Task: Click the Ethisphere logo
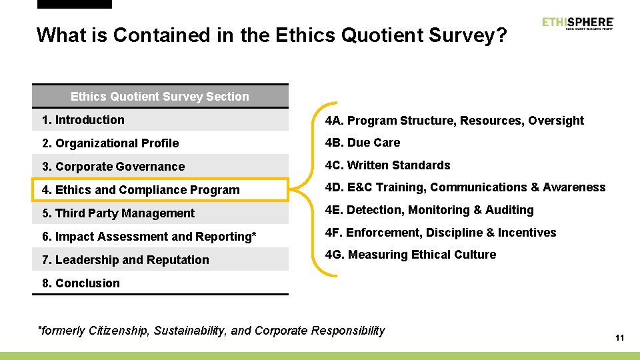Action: point(577,23)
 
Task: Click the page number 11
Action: point(619,338)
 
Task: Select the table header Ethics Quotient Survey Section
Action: point(160,97)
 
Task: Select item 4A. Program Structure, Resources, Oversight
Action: point(454,121)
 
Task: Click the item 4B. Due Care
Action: point(363,143)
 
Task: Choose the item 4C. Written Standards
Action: point(387,165)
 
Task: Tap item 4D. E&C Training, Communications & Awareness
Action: point(465,187)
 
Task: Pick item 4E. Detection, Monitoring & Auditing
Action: point(429,210)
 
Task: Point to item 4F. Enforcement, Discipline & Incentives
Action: point(440,233)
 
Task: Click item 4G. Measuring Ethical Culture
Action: point(410,255)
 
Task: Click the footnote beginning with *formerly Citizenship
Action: point(212,331)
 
